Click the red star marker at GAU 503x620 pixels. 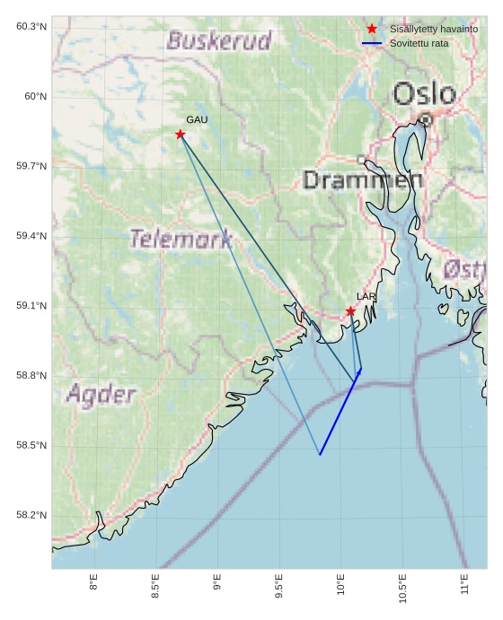coord(181,135)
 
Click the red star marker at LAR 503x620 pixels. coord(350,311)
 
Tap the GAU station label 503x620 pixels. coord(197,119)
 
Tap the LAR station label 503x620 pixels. coord(366,296)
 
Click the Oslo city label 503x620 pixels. coord(424,93)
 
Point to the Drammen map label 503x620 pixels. coord(362,180)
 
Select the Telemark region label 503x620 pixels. coord(181,240)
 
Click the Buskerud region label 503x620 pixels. coord(218,40)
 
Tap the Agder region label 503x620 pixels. coord(101,395)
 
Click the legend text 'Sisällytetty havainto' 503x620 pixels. coord(433,30)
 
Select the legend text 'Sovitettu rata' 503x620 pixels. coord(419,43)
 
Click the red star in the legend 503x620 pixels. coord(372,30)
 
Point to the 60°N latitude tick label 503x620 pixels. coord(32,96)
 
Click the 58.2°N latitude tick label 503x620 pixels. coord(31,515)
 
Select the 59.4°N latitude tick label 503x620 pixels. coord(31,236)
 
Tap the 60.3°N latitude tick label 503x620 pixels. coord(31,26)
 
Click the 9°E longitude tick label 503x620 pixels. coord(217,586)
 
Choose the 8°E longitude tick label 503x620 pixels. coord(93,586)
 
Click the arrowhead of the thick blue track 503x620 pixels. coord(359,371)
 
